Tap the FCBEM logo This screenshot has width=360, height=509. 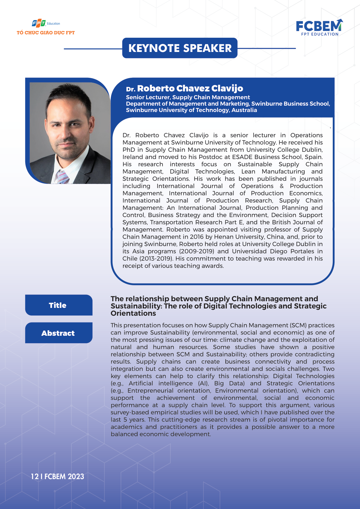[x=319, y=27]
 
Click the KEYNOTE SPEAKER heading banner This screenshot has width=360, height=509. [x=180, y=48]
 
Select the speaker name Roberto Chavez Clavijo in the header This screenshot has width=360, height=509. [x=190, y=88]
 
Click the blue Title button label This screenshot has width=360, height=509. [x=58, y=305]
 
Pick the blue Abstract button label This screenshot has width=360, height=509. [x=58, y=333]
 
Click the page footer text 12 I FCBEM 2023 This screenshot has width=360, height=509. [x=57, y=476]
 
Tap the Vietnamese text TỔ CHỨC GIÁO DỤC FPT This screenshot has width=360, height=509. [x=46, y=33]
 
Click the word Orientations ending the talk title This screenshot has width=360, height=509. [x=133, y=313]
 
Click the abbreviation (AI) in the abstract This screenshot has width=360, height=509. [x=203, y=383]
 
